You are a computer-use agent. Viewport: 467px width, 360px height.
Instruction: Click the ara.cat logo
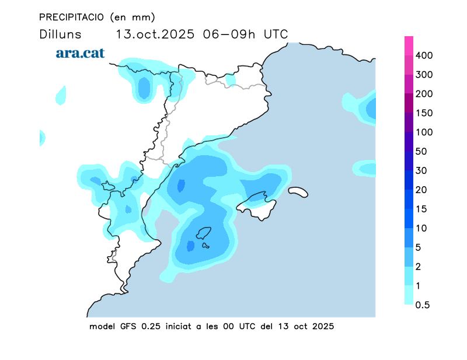point(80,53)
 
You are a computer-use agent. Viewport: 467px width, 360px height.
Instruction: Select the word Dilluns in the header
point(60,34)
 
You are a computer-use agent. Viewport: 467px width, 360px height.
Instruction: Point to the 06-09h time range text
point(229,34)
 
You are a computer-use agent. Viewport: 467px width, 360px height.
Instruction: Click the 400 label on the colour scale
point(425,55)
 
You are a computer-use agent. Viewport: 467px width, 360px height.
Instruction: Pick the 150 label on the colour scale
point(425,113)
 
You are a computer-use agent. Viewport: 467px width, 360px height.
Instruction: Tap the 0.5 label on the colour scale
point(424,305)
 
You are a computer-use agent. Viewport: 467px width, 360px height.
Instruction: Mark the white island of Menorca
point(297,192)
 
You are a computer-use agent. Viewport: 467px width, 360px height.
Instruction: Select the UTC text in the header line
point(276,34)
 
